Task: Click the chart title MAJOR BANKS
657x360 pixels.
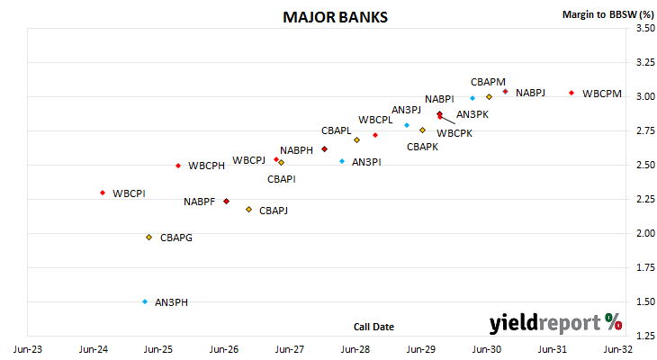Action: pyautogui.click(x=335, y=17)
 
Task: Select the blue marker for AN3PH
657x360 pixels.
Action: pyautogui.click(x=145, y=301)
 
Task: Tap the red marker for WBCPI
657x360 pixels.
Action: pyautogui.click(x=103, y=193)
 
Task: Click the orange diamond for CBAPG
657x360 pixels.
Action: pyautogui.click(x=148, y=238)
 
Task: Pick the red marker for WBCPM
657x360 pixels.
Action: pyautogui.click(x=571, y=93)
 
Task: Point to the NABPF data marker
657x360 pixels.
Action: pyautogui.click(x=226, y=202)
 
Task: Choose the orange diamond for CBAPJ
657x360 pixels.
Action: pyautogui.click(x=249, y=209)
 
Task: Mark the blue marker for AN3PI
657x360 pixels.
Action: pyautogui.click(x=342, y=161)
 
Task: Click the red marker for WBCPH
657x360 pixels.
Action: pyautogui.click(x=178, y=166)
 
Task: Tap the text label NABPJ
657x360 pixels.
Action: pyautogui.click(x=530, y=93)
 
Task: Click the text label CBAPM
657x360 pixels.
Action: pyautogui.click(x=488, y=82)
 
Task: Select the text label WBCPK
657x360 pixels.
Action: pyautogui.click(x=454, y=134)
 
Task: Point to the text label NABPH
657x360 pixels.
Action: pyautogui.click(x=297, y=150)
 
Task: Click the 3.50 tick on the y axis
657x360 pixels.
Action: pyautogui.click(x=645, y=28)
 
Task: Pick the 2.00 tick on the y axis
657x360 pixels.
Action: pyautogui.click(x=645, y=233)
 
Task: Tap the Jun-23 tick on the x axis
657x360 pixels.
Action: pyautogui.click(x=28, y=349)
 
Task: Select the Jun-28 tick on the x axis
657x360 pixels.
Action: pyautogui.click(x=355, y=349)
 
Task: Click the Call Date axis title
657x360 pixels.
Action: pyautogui.click(x=373, y=327)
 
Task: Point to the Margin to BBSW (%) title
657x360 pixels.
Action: pyautogui.click(x=608, y=14)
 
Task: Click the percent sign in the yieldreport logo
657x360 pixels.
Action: pyautogui.click(x=614, y=322)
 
